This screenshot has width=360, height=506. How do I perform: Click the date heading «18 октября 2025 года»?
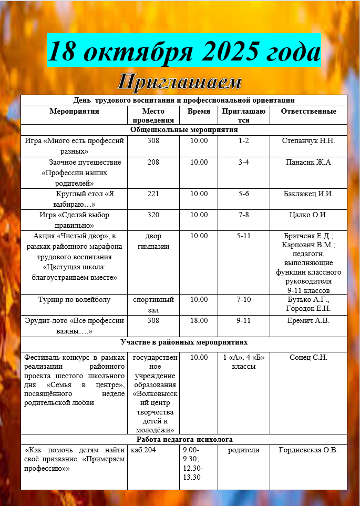coord(184,51)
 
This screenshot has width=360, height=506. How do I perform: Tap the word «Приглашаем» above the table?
coord(179,82)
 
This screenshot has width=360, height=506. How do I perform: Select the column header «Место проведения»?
coord(153,115)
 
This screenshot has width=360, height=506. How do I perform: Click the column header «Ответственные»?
coord(308,112)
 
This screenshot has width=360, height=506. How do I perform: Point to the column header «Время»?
coord(199,112)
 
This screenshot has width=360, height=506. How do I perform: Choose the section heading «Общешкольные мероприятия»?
coord(184,129)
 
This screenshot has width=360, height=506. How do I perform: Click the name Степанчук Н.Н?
coord(308,140)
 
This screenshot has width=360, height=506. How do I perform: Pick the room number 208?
coord(153,162)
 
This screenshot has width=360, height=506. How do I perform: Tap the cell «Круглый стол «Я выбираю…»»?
coord(74,198)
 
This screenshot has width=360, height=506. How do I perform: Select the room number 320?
coord(153,215)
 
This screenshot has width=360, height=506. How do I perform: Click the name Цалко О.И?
coord(308,215)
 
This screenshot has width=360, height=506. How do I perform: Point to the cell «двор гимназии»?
coord(153,241)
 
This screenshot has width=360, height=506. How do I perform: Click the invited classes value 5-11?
coord(243,236)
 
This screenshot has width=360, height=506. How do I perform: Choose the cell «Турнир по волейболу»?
coord(74,300)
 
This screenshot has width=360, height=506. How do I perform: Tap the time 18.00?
coord(199,320)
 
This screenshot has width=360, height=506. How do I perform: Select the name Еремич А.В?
coord(308,320)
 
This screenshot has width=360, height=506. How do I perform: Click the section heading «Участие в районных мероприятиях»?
coord(184,342)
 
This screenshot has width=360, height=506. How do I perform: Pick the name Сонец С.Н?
coord(308,358)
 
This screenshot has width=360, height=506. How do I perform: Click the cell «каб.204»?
coord(141,450)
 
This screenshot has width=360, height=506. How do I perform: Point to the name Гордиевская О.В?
coord(308,450)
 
